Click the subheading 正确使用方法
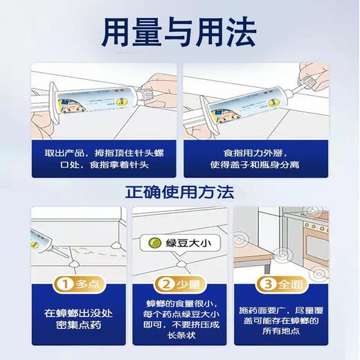point(179,190)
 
